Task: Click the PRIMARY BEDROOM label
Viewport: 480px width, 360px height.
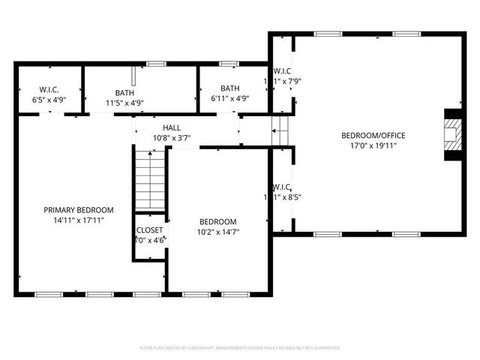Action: (x=78, y=210)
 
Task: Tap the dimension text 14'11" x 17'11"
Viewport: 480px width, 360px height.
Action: (x=78, y=220)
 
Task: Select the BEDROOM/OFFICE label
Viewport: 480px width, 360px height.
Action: (x=373, y=136)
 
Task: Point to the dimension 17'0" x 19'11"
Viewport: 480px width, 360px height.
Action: (x=373, y=145)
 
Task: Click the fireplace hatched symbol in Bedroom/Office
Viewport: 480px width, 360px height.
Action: (x=453, y=135)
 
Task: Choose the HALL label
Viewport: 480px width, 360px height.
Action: (x=172, y=128)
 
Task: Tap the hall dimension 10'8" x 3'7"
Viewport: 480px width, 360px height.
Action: (x=172, y=138)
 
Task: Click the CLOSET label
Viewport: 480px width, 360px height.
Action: (x=149, y=230)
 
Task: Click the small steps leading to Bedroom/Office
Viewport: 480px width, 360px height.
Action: (x=280, y=130)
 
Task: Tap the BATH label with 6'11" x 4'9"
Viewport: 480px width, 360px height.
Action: (x=229, y=88)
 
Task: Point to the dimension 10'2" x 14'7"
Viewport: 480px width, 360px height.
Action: (x=217, y=232)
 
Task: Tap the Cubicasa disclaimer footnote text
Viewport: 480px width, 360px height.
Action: (x=240, y=348)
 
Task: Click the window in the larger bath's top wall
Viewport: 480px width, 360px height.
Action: (x=156, y=64)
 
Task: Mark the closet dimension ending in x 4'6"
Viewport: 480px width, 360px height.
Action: (x=150, y=240)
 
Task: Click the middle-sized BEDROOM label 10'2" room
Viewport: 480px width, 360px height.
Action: (x=217, y=222)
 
